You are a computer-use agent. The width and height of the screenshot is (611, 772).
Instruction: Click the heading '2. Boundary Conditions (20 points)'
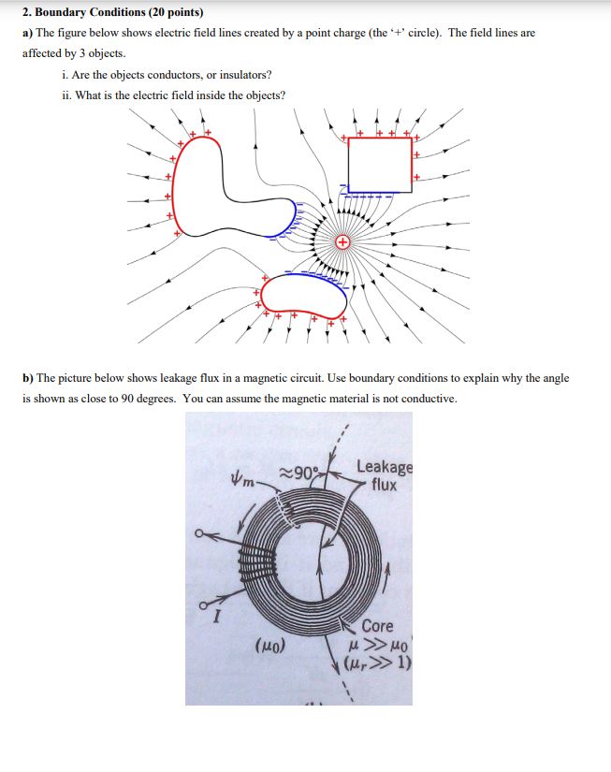(x=112, y=13)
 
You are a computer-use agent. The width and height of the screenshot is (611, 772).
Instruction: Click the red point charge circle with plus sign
(x=342, y=242)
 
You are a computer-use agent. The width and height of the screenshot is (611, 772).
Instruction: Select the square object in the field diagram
(x=379, y=166)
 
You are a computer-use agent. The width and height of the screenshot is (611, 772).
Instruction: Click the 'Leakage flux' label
(x=384, y=475)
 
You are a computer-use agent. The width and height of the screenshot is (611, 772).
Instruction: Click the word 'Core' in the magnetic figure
(x=377, y=625)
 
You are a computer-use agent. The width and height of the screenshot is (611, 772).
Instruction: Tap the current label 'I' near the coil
(x=215, y=617)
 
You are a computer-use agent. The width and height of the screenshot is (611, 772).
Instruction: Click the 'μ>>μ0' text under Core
(x=378, y=646)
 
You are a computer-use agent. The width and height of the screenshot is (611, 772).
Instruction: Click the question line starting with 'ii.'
(x=172, y=95)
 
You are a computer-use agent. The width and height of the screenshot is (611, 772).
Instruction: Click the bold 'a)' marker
(x=28, y=32)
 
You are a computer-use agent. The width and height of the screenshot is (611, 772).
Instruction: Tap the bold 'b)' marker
(x=28, y=378)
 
